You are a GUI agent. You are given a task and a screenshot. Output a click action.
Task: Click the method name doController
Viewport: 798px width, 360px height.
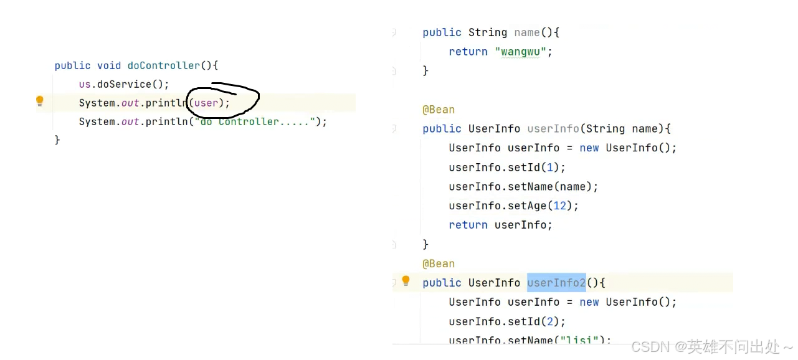164,65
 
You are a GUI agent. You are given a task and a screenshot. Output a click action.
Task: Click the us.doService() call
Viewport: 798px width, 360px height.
123,84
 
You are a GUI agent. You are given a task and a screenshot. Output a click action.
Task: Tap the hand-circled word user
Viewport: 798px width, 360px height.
207,103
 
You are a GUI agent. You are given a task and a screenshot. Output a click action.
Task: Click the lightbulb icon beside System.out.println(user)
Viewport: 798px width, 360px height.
40,101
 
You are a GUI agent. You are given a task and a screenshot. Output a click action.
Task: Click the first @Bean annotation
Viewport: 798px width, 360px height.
439,110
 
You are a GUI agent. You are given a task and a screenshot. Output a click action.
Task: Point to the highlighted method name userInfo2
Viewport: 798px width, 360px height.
556,283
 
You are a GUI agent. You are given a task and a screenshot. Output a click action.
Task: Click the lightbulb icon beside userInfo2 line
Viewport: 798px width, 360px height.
406,281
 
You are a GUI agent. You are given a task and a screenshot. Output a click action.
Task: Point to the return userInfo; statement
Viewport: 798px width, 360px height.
500,225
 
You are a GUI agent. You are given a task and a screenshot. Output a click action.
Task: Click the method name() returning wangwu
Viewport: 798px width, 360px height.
527,32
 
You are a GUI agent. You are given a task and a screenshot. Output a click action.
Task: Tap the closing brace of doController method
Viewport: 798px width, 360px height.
57,140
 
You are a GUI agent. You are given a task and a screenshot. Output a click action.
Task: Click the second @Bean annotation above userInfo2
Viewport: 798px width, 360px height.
439,263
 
